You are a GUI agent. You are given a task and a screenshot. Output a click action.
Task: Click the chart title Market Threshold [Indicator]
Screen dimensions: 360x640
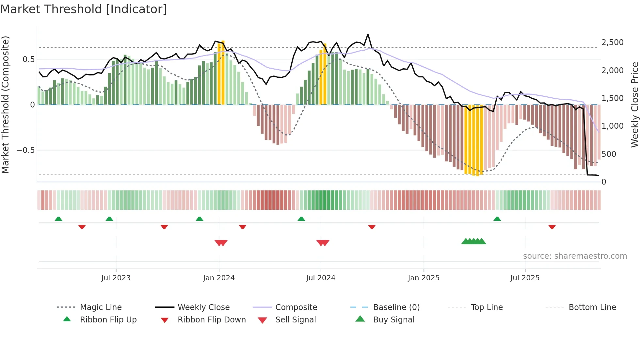pos(84,9)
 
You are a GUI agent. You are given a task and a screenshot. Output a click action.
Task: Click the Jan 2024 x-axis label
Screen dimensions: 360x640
pos(219,278)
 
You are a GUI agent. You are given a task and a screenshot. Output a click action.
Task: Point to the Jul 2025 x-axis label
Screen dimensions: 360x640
pos(525,278)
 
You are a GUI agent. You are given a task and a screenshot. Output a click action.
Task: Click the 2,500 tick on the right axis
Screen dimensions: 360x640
pos(612,42)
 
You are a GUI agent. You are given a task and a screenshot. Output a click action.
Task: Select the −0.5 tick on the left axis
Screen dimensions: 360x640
pos(25,150)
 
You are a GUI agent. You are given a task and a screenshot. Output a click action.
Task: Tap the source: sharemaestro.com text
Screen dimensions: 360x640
pos(575,256)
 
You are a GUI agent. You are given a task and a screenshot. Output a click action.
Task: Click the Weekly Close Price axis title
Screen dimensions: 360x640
pos(634,105)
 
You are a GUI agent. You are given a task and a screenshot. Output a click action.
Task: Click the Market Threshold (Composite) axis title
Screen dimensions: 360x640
pos(5,105)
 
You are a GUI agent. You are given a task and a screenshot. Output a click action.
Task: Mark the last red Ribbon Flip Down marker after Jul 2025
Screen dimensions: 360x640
pos(552,227)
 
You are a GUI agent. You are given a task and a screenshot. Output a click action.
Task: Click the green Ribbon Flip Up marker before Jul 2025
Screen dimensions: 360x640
pos(497,219)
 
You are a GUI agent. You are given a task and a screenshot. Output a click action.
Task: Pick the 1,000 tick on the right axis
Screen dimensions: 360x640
pos(612,126)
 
